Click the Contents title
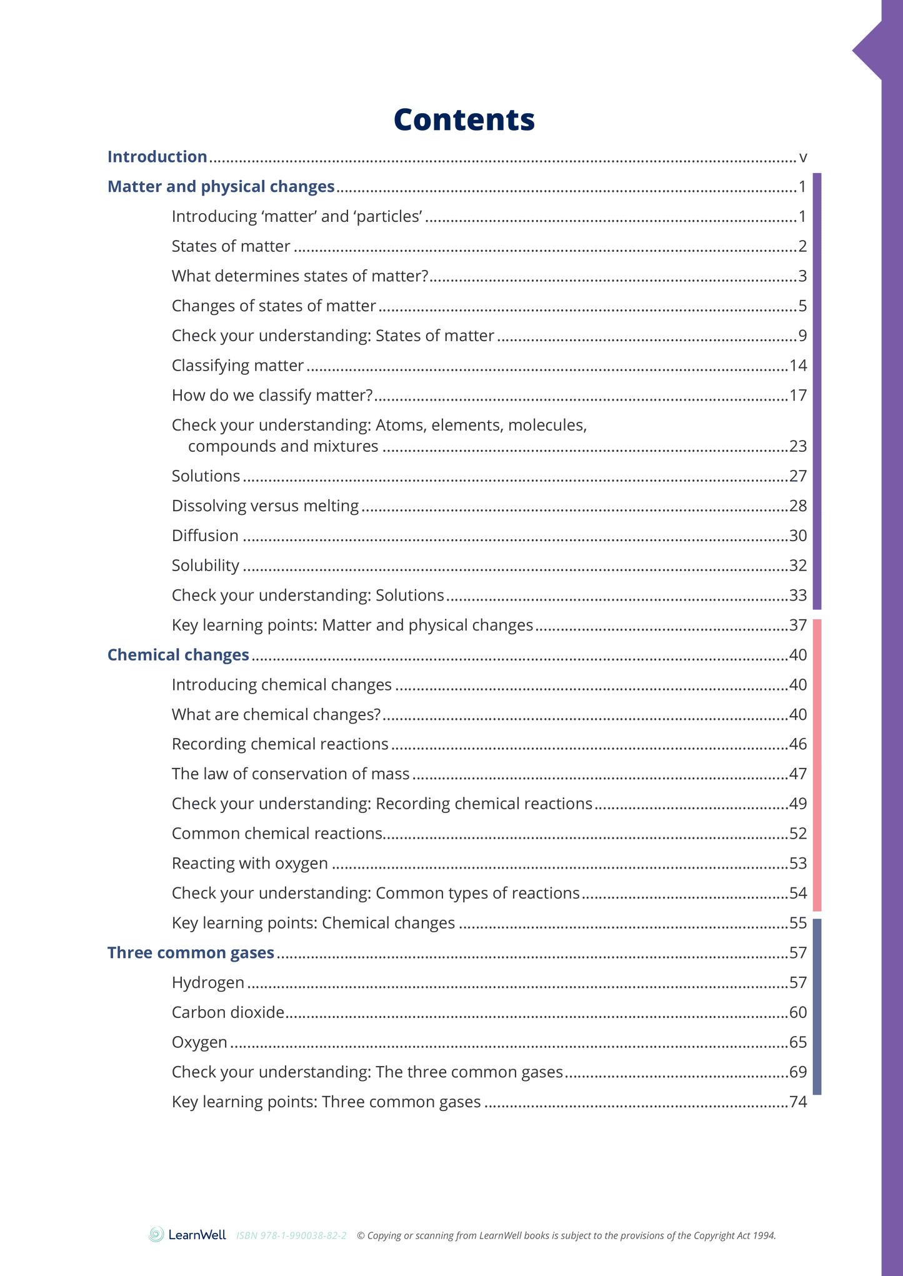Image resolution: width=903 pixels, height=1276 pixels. tap(464, 119)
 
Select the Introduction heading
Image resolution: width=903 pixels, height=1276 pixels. tap(157, 157)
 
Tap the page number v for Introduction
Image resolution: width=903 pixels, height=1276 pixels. tap(803, 157)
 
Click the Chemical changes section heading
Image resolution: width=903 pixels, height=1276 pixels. tap(178, 655)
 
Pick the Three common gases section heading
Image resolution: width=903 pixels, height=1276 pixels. tap(191, 953)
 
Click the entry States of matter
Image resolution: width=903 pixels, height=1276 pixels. tap(231, 246)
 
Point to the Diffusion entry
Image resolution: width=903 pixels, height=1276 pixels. tap(205, 536)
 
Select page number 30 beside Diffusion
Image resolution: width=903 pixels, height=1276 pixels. tap(798, 536)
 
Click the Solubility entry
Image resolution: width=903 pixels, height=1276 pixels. tap(205, 566)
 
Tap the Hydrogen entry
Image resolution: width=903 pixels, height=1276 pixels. tap(207, 983)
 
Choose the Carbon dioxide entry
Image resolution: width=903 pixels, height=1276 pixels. tap(228, 1012)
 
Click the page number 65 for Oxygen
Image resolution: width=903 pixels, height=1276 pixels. tap(798, 1042)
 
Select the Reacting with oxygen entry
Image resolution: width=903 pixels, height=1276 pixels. tap(249, 864)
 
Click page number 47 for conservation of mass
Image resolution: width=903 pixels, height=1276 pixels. tap(798, 774)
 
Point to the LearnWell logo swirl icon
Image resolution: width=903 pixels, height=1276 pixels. tap(156, 1234)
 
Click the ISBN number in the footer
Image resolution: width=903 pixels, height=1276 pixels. tap(291, 1235)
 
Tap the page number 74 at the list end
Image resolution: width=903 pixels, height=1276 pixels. tap(798, 1102)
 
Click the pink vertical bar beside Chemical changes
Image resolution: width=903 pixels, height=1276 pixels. tap(817, 765)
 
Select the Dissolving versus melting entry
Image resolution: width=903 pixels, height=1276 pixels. tap(265, 506)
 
